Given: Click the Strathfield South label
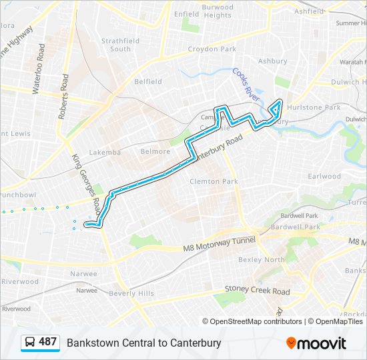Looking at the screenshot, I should tap(120, 45).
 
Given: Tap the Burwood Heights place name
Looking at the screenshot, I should tap(218, 11).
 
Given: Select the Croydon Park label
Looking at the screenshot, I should tap(212, 49).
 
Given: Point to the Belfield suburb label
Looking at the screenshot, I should tap(148, 82).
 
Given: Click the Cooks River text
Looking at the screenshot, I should tap(246, 83).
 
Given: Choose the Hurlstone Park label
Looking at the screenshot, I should tap(319, 107).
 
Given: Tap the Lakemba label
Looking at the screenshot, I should tap(105, 152).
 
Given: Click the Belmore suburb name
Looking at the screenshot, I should tap(155, 151).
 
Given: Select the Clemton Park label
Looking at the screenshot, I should tap(214, 181).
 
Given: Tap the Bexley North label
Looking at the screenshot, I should tap(261, 260).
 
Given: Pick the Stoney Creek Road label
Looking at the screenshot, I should tap(252, 291).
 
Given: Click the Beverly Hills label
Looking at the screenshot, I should tap(131, 293).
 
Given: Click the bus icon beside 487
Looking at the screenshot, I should tap(31, 343).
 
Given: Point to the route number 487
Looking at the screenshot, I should tap(47, 342).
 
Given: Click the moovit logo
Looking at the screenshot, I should tap(317, 343).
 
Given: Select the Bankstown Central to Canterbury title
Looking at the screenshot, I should tap(143, 343).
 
